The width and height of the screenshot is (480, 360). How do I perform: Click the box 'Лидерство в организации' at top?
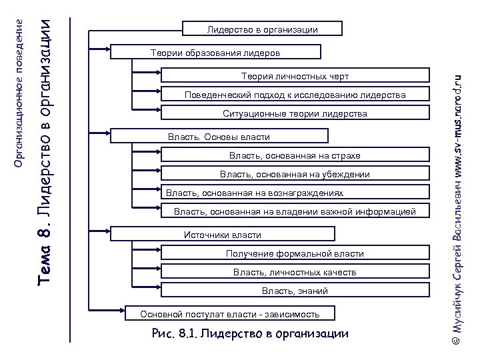coord(262,29)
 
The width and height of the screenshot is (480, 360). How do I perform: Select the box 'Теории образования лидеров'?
coord(215,52)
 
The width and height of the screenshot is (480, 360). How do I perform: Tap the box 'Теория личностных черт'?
coord(294,76)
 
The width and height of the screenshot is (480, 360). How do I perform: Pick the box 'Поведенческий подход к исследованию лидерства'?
coord(294,95)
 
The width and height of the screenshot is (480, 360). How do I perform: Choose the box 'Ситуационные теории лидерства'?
coord(294,114)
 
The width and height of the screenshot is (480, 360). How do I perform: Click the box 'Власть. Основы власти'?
coord(219,137)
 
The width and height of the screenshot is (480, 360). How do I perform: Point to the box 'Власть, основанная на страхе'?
coord(294,155)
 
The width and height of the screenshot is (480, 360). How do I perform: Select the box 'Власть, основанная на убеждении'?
coord(294,174)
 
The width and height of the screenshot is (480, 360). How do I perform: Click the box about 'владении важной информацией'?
coord(294,212)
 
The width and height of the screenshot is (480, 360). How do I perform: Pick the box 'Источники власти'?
coord(222,235)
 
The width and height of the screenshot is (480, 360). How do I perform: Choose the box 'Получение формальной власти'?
coord(294,253)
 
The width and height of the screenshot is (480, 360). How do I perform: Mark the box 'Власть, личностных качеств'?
coord(294,272)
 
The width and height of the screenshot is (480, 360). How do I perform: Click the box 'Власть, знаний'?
coord(294,291)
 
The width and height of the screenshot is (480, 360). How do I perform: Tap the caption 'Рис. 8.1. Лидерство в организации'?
coord(251,333)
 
